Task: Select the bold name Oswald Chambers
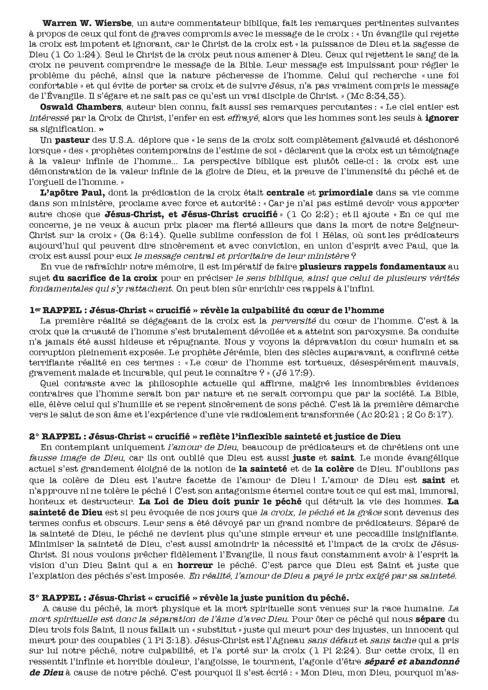[x=74, y=107]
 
